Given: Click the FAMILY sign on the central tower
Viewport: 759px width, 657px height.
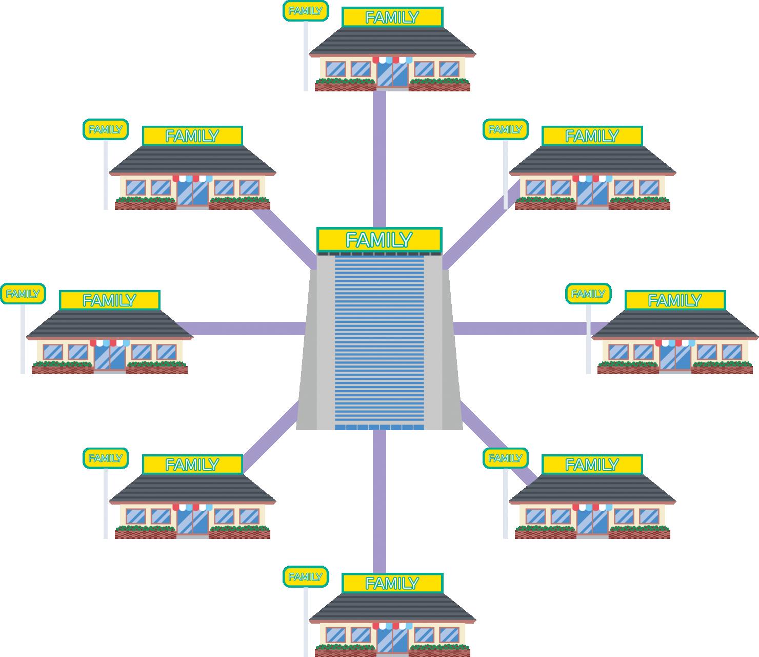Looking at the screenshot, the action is click(379, 240).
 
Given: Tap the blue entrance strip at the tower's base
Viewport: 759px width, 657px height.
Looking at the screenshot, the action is click(379, 428).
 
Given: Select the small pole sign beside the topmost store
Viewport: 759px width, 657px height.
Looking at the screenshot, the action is click(306, 11).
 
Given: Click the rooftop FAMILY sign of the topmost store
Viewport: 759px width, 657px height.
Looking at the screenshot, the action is click(392, 17).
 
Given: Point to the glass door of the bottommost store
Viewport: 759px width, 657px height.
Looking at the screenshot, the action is click(392, 641).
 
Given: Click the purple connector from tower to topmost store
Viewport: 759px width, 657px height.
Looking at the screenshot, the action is click(379, 159).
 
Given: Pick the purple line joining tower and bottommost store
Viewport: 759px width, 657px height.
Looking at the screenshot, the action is click(379, 501).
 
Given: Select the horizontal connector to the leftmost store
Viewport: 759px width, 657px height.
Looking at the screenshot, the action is click(241, 328).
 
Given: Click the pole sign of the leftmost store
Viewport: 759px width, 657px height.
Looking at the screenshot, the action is click(23, 294).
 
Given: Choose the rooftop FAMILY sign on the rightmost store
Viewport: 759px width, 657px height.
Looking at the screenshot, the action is click(675, 300).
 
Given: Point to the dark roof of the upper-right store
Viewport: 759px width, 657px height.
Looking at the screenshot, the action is click(592, 161).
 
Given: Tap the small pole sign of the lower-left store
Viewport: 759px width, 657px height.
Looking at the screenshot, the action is click(105, 458).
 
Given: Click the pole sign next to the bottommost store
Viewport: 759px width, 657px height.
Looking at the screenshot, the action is click(306, 577).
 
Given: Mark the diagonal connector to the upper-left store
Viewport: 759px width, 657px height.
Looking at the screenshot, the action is click(284, 239).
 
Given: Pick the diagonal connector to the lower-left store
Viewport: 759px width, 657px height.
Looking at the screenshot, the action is click(271, 435).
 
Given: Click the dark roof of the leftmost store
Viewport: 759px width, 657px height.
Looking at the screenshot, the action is click(109, 325).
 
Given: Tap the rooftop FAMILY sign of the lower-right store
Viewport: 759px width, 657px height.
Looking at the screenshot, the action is click(592, 465).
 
